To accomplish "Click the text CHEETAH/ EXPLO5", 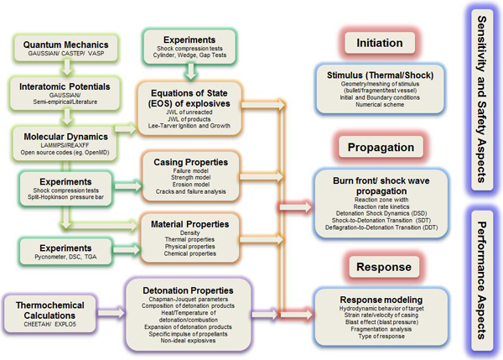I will click(x=53, y=316).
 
